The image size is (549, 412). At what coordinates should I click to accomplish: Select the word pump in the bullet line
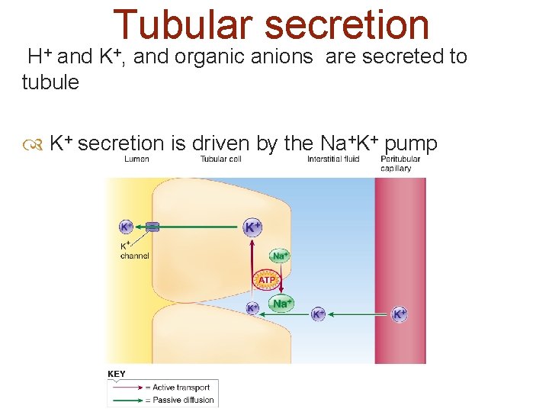pos(411,143)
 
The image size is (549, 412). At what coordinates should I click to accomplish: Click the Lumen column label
pos(136,159)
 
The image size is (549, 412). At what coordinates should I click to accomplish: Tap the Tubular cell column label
pos(220,159)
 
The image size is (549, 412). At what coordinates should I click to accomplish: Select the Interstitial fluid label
pos(332,159)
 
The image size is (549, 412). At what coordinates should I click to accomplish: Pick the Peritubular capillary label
pos(396,163)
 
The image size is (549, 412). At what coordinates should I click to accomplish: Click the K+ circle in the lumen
pos(126,227)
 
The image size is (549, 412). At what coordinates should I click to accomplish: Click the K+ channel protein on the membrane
pos(152,227)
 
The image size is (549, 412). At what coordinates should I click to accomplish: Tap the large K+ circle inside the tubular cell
pos(252,227)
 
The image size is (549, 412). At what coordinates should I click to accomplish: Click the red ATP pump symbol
pos(265,281)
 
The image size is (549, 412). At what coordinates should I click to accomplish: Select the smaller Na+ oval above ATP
pos(280,256)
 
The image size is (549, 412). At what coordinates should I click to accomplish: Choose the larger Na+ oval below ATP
pos(281,304)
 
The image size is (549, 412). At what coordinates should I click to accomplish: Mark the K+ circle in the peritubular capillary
pos(400,314)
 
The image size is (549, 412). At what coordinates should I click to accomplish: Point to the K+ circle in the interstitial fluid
pos(319,314)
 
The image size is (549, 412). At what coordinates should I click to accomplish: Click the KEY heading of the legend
pos(117,374)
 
